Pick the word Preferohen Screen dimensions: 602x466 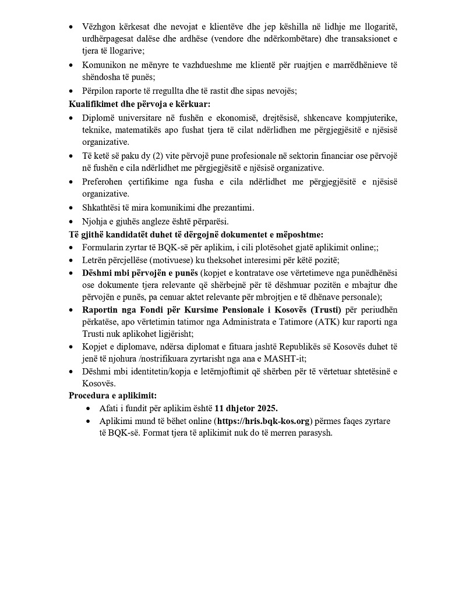pyautogui.click(x=104, y=181)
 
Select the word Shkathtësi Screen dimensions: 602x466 pyautogui.click(x=102, y=208)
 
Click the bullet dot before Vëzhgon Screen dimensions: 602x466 pyautogui.click(x=72, y=27)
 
